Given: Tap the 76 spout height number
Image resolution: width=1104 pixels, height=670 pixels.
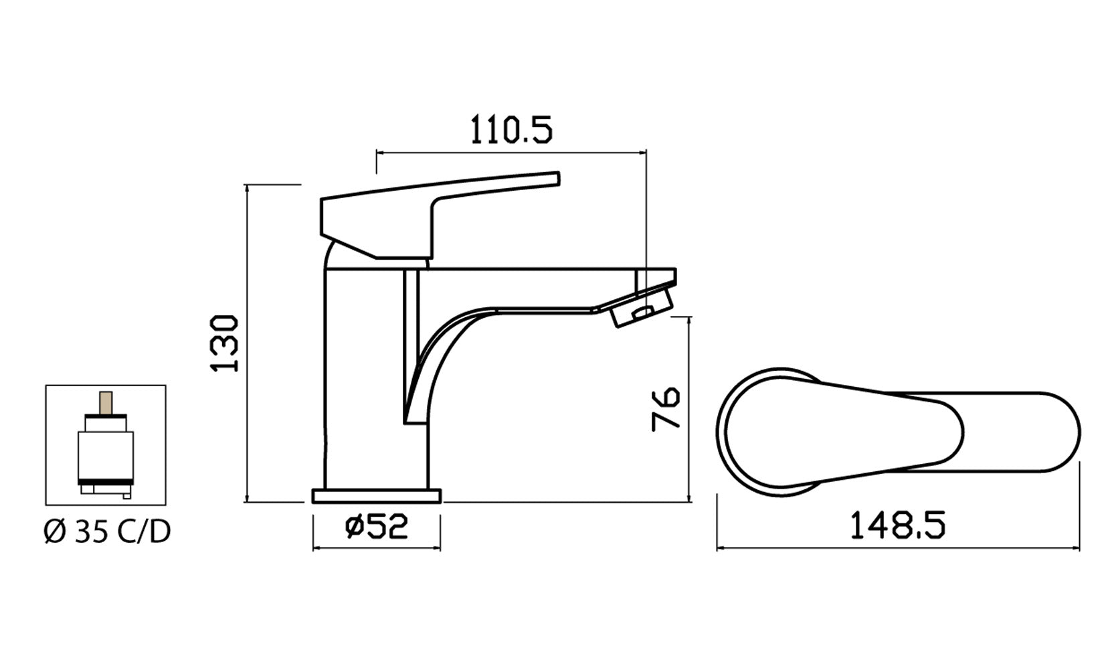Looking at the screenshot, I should point(666,408).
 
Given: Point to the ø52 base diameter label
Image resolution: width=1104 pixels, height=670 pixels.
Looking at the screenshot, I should point(376,527).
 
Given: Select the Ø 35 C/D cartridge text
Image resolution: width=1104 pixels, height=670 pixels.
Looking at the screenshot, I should point(107,532).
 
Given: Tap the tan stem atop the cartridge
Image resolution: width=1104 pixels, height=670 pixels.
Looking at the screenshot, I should point(105,403).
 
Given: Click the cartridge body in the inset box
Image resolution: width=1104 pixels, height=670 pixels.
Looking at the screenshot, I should point(105,455).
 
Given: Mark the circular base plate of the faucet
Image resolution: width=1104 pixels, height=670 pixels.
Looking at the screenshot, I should point(377,496).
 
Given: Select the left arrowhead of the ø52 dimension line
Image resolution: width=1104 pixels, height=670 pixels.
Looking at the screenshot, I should point(316,548).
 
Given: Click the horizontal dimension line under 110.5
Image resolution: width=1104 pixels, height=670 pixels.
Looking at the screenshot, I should point(511,153).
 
